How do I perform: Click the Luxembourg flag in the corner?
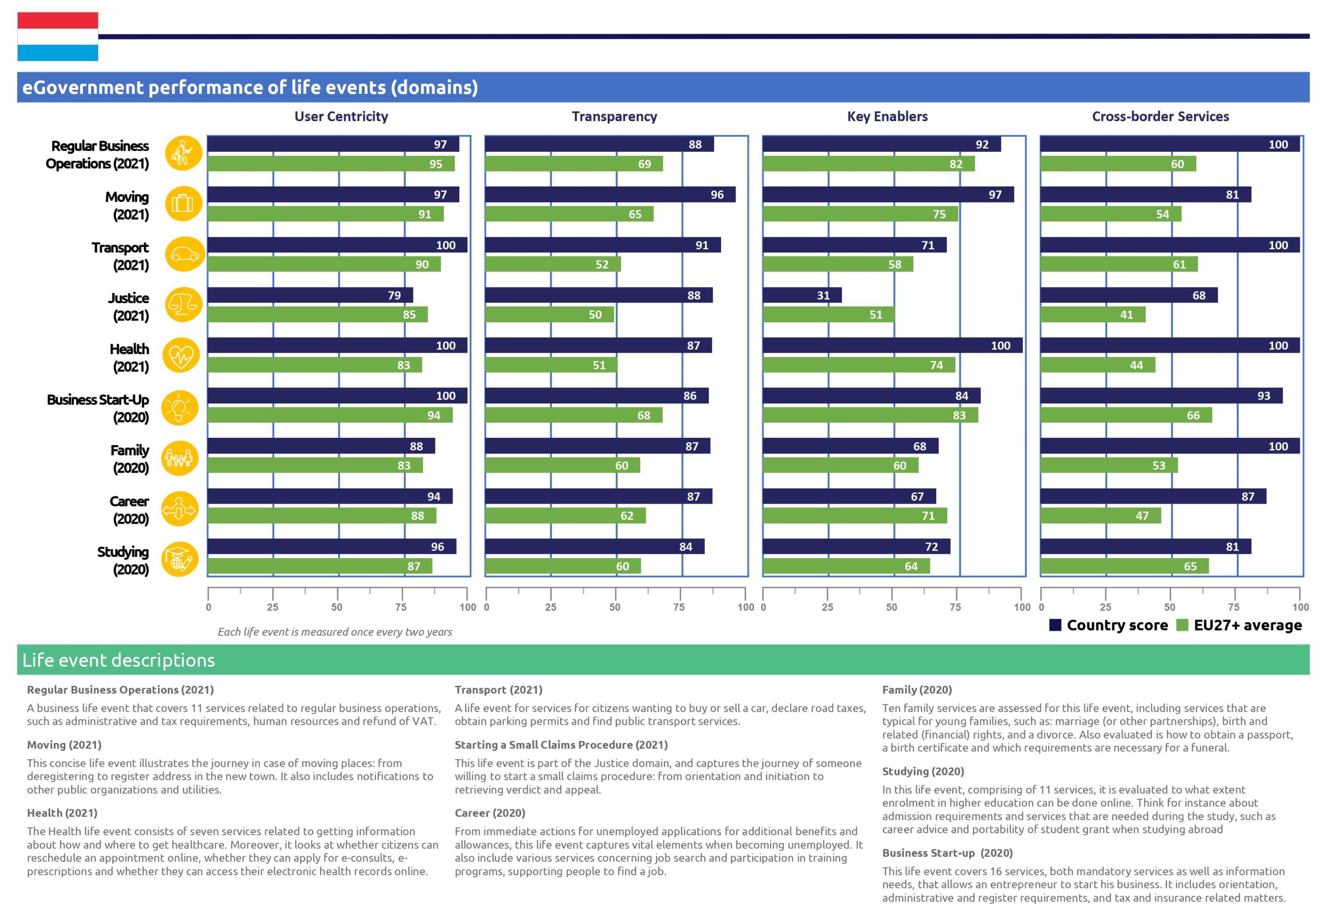[58, 36]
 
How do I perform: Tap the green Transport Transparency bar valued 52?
[553, 264]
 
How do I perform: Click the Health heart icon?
[181, 355]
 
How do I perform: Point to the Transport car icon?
[184, 254]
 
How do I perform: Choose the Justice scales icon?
[183, 304]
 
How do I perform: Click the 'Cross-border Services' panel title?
[1160, 116]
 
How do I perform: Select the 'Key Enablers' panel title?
[887, 116]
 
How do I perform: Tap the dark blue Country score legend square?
[1055, 625]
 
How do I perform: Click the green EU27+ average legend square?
[1182, 625]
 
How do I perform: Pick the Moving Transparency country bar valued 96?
[610, 194]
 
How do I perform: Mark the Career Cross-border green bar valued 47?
[1100, 515]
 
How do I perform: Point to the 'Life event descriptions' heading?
[119, 659]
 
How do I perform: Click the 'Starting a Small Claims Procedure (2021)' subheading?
[561, 745]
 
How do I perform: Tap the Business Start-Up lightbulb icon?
[180, 407]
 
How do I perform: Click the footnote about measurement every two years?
[334, 632]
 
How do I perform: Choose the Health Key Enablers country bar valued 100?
[892, 345]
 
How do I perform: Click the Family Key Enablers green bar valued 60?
[840, 465]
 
